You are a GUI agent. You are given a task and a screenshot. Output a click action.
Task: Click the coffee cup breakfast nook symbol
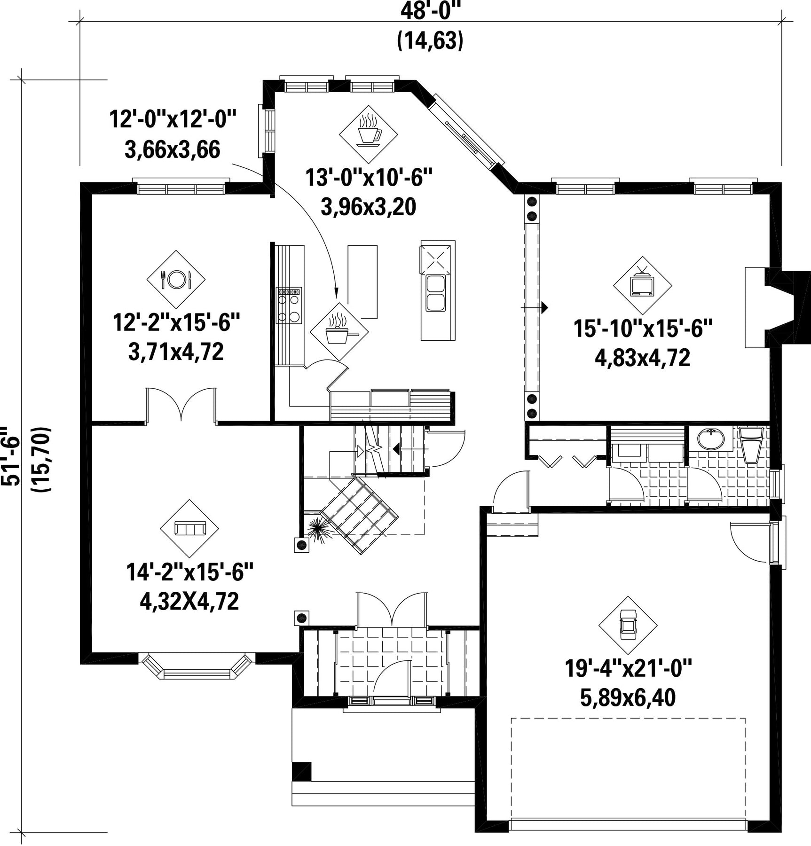point(368,134)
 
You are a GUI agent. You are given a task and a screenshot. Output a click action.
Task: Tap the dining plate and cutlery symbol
point(176,279)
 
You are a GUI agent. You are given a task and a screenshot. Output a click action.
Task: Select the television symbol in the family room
point(642,285)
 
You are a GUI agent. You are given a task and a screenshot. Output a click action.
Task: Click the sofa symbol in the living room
point(189,528)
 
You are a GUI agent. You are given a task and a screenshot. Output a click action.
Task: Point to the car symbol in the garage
point(628,626)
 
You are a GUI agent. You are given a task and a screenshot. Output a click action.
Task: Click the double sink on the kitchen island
point(436,294)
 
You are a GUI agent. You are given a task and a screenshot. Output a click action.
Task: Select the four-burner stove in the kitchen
point(289,305)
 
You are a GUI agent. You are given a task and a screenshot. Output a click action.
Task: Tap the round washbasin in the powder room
point(710,439)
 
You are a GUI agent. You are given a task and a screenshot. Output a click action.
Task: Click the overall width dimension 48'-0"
point(430,11)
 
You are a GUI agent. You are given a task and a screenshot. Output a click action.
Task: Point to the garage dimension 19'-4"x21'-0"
point(629,668)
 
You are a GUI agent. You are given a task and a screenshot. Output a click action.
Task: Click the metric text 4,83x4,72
point(642,358)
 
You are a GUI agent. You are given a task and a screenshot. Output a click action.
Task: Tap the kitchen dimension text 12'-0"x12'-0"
point(172,119)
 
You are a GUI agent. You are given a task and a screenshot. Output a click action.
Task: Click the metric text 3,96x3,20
point(368,207)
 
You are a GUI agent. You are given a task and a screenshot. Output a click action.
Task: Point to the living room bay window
point(197,666)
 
